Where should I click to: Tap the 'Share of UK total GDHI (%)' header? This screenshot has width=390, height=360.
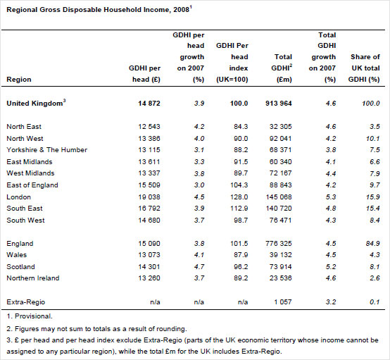[365, 68]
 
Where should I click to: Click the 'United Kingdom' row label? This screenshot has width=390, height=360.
[37, 104]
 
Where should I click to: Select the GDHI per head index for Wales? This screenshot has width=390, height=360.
[239, 255]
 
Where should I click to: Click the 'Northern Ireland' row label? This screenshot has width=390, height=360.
[32, 278]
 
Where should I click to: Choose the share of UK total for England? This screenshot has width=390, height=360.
[372, 244]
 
